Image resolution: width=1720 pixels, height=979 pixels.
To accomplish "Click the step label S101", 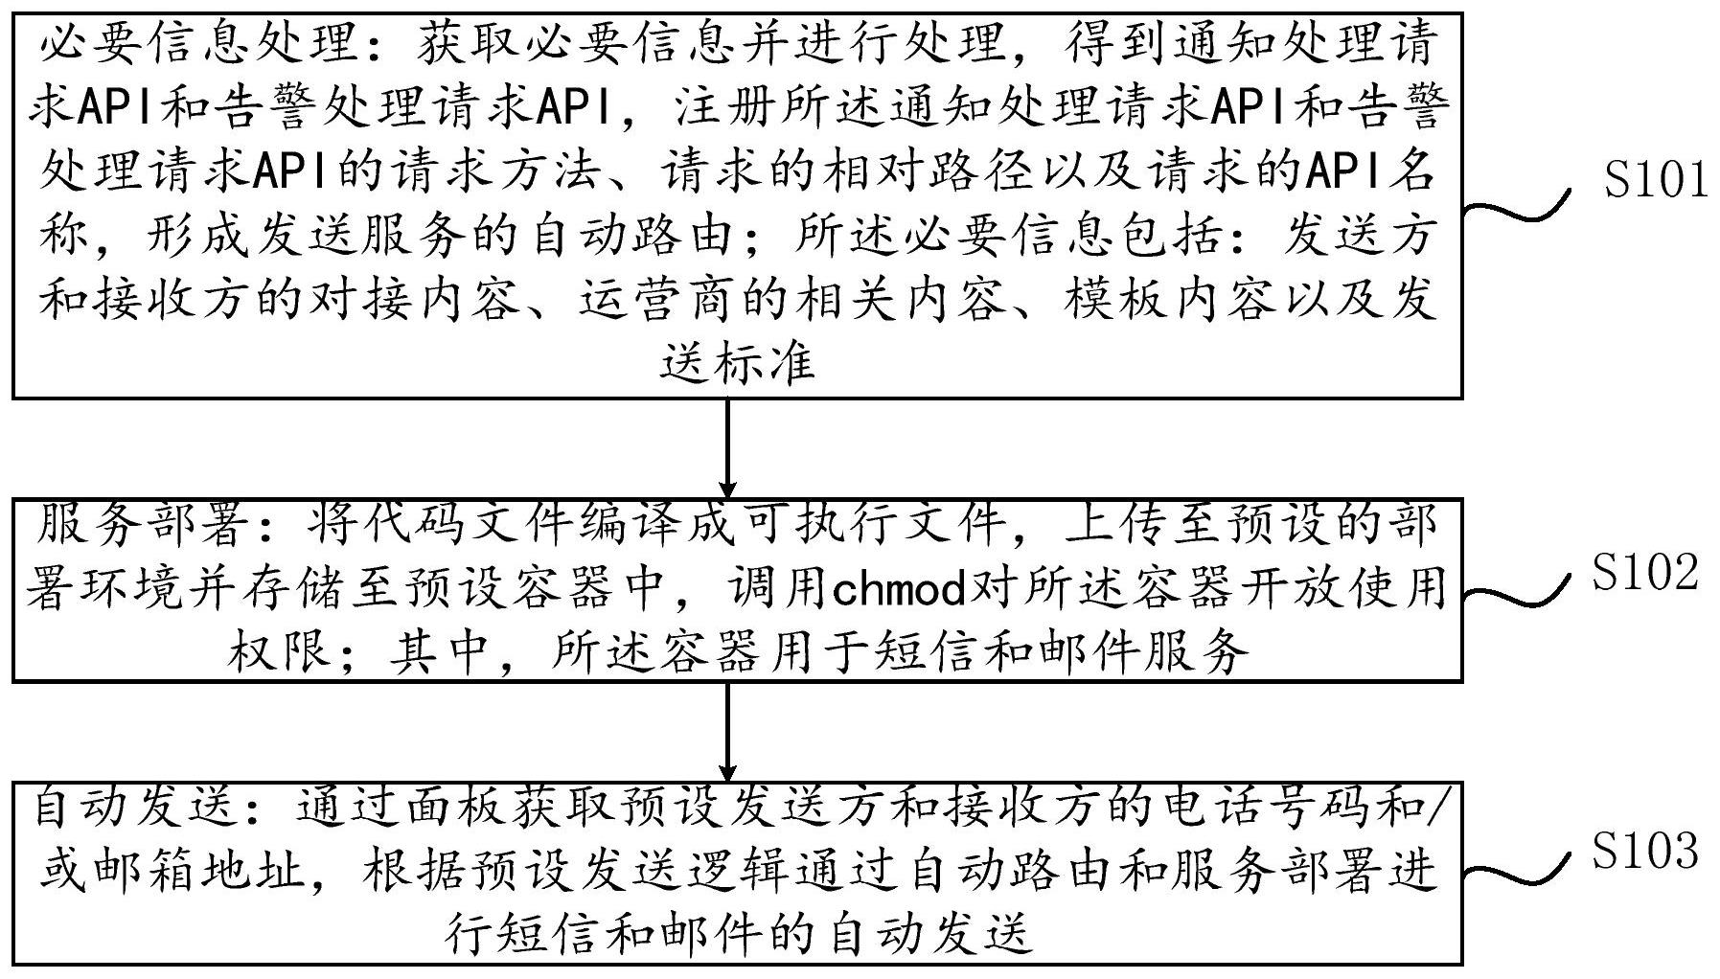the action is [x=1656, y=179].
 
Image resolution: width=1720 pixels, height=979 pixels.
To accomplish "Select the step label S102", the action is [x=1645, y=572].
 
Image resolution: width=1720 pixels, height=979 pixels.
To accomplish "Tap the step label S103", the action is [x=1645, y=850].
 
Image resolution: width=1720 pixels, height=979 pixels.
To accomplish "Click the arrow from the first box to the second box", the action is [x=728, y=446].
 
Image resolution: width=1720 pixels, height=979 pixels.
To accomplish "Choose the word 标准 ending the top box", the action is [x=764, y=363].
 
